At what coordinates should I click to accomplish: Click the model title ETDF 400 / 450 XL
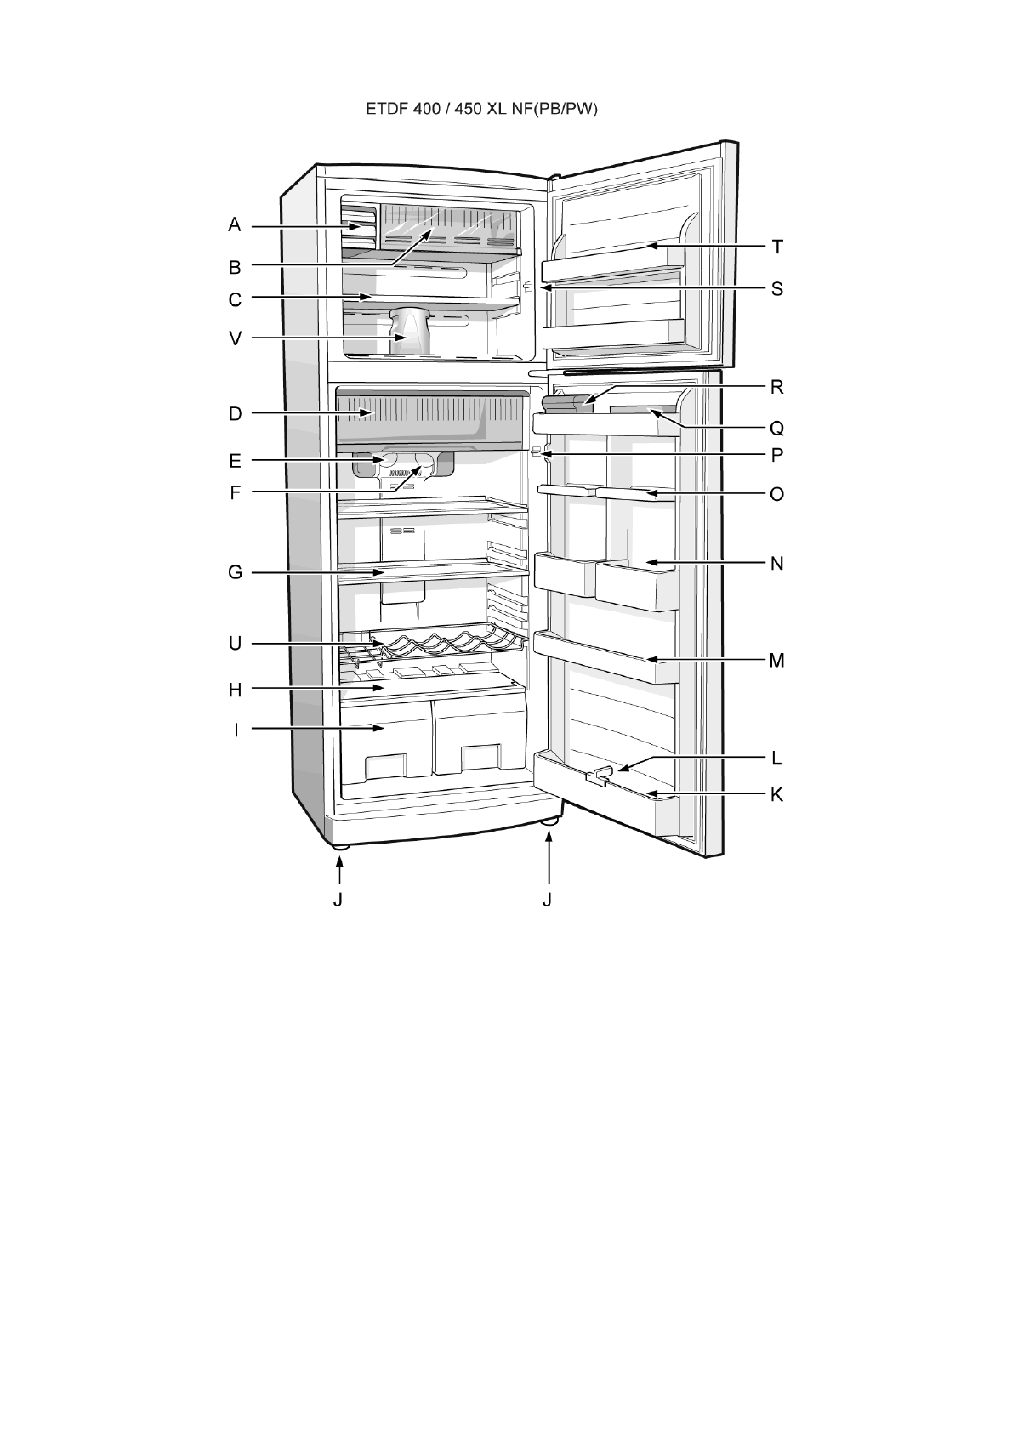coord(482,110)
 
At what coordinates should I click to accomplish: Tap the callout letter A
coord(235,225)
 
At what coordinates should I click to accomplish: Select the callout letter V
coord(235,338)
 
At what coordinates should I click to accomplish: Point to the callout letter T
coord(776,247)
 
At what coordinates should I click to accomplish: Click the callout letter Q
coord(776,427)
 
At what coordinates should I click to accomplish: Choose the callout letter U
coord(235,644)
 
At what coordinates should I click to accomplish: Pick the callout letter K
coord(776,795)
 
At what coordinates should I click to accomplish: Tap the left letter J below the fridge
coord(338,899)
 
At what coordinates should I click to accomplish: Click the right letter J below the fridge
coord(548,899)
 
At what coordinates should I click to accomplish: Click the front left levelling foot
coord(340,845)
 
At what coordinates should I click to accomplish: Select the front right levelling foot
coord(550,822)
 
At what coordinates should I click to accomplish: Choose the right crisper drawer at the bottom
coord(480,736)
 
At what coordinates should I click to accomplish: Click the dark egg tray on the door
coord(571,401)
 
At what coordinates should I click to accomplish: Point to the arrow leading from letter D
coord(310,414)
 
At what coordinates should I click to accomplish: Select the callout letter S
coord(776,289)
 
